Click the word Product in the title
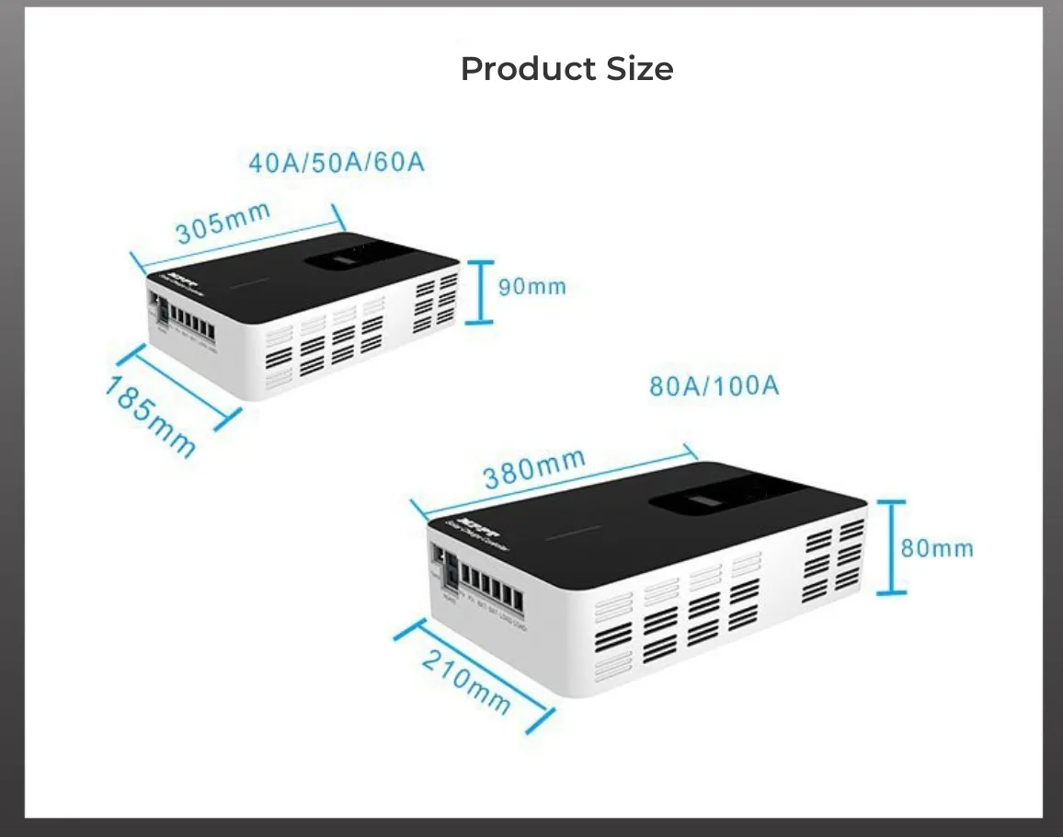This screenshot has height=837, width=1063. coord(514,69)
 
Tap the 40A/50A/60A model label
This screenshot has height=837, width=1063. coord(337,163)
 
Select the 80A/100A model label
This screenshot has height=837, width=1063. coord(714,386)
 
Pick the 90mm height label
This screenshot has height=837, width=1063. coord(531,287)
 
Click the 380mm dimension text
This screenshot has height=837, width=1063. coord(534,468)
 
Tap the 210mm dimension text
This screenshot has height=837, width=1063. coord(465,681)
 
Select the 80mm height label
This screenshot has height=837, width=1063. coord(935,549)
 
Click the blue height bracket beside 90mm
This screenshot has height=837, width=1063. coord(478,292)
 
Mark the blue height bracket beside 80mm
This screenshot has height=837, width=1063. coord(890,547)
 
